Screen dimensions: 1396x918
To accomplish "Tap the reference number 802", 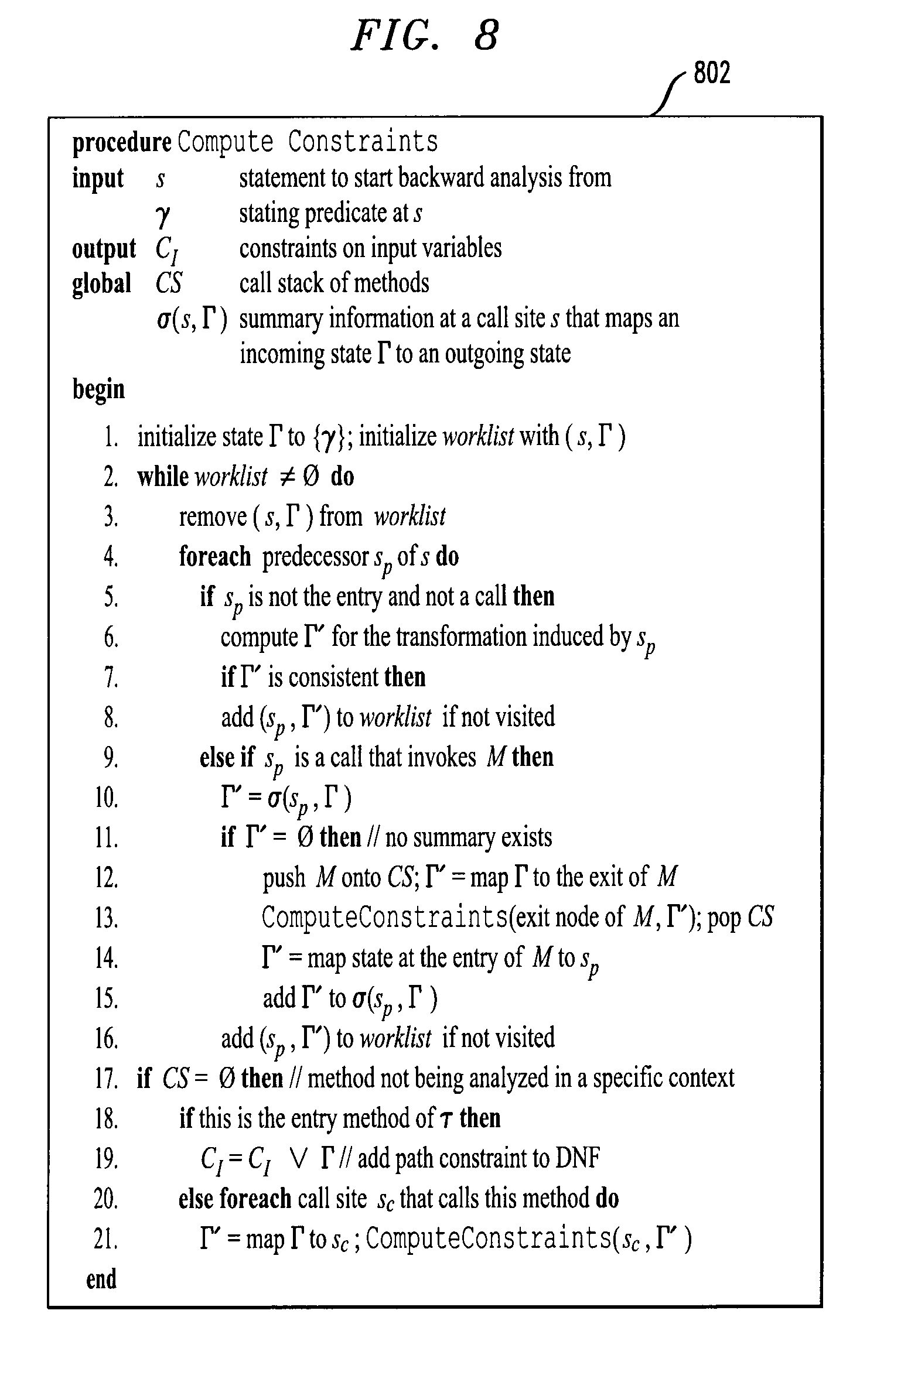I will (712, 74).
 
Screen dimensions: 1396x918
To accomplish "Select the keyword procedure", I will (121, 142).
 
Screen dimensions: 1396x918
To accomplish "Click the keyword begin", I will (98, 389).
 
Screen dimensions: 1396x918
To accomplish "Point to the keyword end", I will (101, 1279).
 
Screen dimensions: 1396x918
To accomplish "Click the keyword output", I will (104, 249).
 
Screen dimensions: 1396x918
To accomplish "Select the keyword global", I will (101, 284).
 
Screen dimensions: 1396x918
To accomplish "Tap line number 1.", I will (111, 437).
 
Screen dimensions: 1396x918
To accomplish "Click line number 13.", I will (106, 918).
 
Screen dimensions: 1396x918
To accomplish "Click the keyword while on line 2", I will (163, 477).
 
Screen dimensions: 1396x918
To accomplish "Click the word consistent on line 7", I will (333, 678).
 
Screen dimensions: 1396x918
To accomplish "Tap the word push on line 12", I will (284, 878).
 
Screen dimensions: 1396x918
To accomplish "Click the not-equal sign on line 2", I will (286, 477).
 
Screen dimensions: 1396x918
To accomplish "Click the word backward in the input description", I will (441, 178).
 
